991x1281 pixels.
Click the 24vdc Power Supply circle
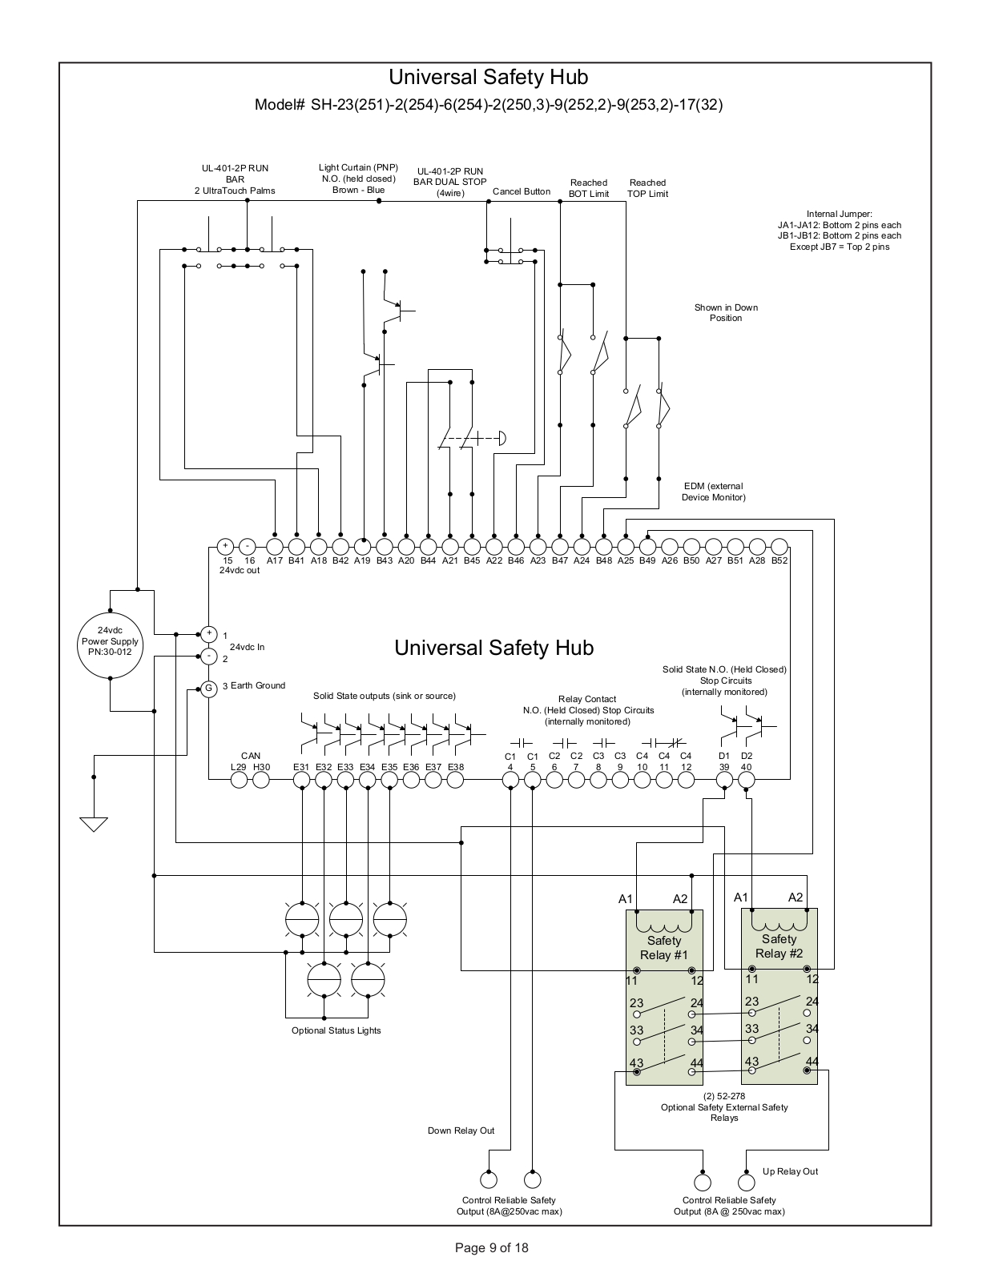(111, 645)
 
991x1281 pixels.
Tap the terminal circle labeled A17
(274, 547)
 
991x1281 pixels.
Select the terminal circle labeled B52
(780, 547)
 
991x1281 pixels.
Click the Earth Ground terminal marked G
(209, 689)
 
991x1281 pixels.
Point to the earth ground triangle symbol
(94, 824)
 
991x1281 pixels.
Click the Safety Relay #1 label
(664, 947)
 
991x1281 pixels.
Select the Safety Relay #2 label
(780, 946)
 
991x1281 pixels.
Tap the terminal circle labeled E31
(301, 780)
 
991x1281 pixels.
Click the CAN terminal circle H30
(261, 780)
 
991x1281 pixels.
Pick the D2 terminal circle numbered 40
(746, 780)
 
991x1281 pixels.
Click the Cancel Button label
(522, 191)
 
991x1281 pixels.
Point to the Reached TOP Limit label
(647, 188)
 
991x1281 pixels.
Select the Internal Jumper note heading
(840, 214)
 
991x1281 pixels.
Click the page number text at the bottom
(491, 1247)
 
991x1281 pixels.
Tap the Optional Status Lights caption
(336, 1030)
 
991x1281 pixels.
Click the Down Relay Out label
(461, 1130)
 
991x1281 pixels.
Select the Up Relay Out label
(791, 1171)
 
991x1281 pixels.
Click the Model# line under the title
(489, 105)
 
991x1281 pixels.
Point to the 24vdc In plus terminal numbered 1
(209, 634)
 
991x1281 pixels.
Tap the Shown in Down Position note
(726, 312)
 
